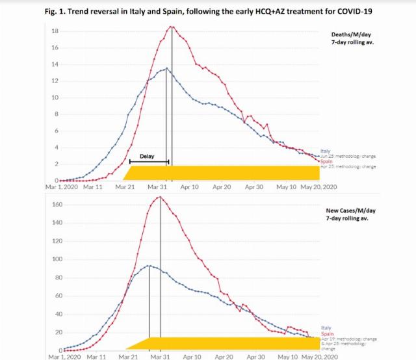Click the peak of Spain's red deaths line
pyautogui.click(x=172, y=27)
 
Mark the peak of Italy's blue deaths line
pyautogui.click(x=166, y=68)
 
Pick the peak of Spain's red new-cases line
pyautogui.click(x=160, y=196)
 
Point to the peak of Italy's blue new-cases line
pyautogui.click(x=149, y=265)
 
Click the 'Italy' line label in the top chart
pyautogui.click(x=326, y=151)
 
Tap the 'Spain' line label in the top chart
pyautogui.click(x=326, y=161)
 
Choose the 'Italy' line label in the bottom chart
pyautogui.click(x=326, y=328)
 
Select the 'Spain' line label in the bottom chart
pyautogui.click(x=327, y=333)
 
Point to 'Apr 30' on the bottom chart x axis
pyautogui.click(x=255, y=356)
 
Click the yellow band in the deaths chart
pyautogui.click(x=221, y=172)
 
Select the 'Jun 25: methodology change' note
pyautogui.click(x=348, y=157)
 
